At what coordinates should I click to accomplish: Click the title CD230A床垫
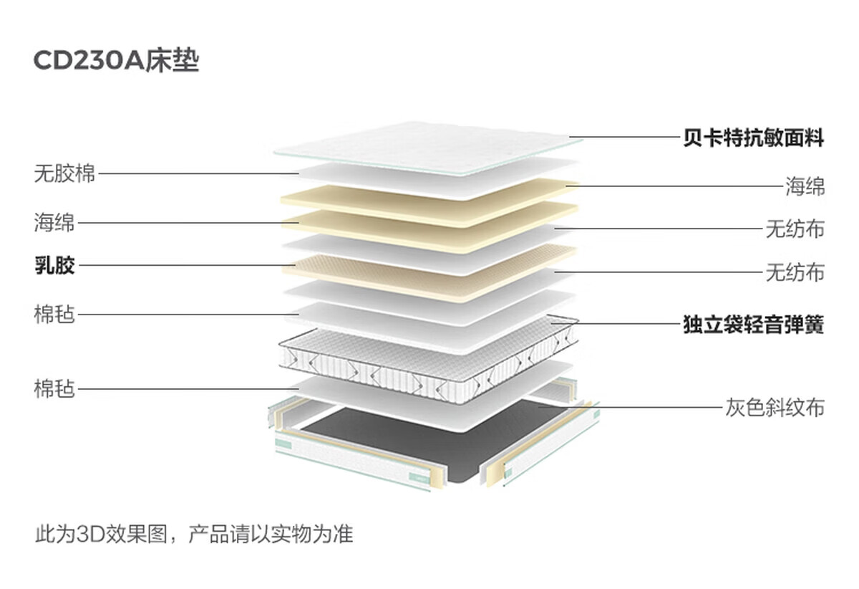[116, 62]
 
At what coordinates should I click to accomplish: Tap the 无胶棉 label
[64, 173]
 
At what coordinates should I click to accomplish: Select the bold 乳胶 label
[54, 266]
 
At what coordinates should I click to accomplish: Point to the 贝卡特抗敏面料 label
[753, 138]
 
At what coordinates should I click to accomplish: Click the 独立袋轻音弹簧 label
[753, 325]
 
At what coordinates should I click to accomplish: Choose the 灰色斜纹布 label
[775, 408]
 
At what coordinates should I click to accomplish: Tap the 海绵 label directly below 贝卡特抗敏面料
[805, 187]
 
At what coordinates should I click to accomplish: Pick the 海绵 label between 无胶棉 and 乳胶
[54, 222]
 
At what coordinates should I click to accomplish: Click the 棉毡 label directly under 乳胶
[54, 314]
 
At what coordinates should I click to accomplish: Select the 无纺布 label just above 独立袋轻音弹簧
[795, 272]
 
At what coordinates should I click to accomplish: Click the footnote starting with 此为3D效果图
[194, 535]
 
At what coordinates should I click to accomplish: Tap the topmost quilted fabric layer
[428, 147]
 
